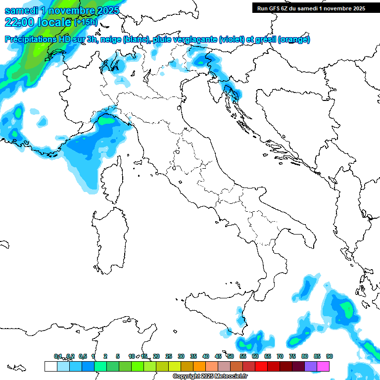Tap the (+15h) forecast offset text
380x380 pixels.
86,22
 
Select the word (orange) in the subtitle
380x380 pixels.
294,40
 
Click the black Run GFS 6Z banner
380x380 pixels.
311,8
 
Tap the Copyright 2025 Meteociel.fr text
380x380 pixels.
210,377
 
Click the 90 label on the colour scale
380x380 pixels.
329,356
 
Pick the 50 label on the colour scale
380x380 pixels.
231,356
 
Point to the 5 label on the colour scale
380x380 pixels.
118,356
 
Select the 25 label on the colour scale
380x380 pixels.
169,356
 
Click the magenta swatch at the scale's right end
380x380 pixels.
324,366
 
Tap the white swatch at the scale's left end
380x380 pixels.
50,366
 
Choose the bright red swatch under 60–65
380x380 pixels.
261,366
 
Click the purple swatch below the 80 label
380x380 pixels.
311,366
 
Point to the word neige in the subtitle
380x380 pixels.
111,40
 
